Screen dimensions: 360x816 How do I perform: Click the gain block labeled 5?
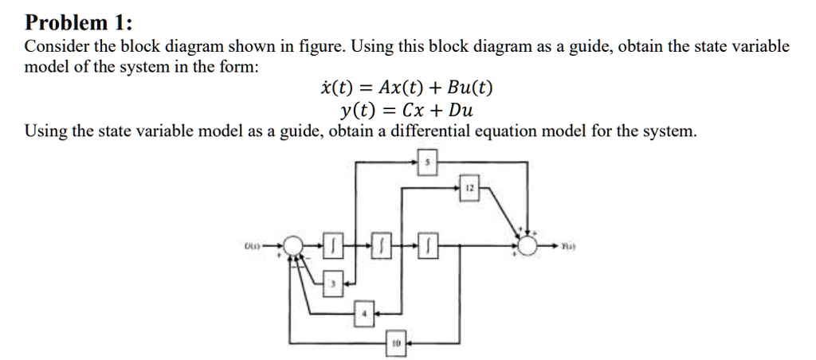427,163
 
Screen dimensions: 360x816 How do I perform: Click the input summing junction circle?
294,246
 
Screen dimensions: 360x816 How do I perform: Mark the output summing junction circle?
527,246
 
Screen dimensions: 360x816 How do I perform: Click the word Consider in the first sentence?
53,46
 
